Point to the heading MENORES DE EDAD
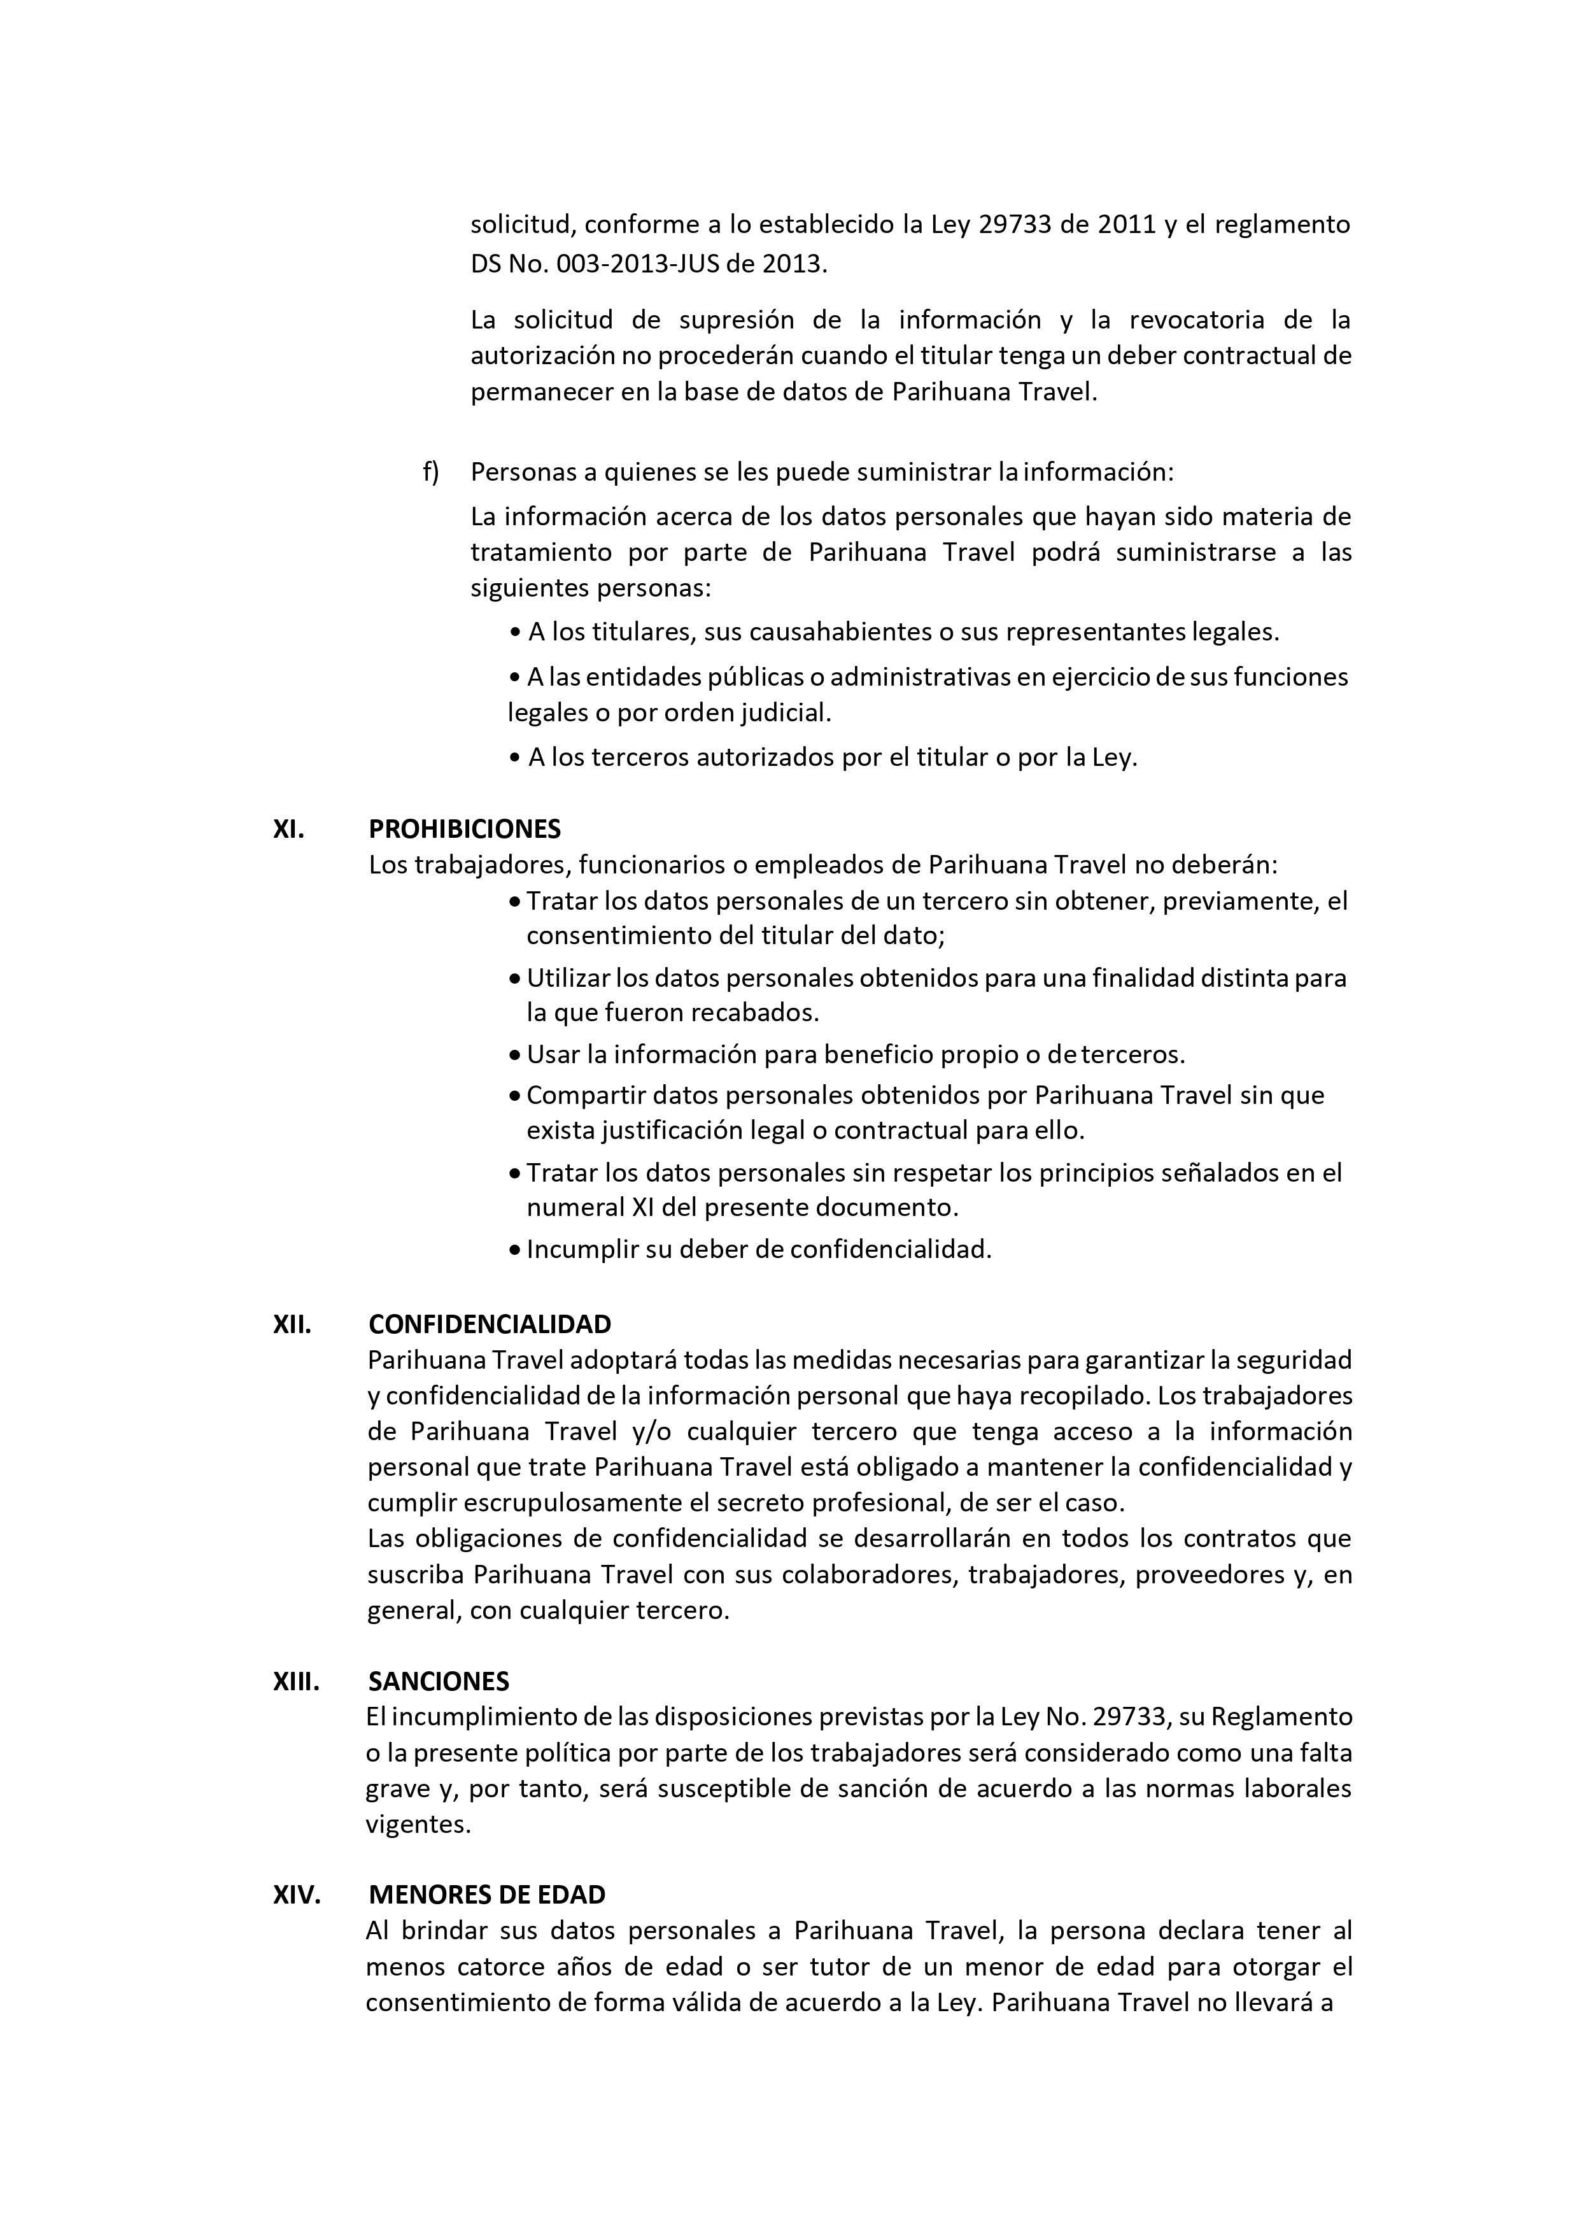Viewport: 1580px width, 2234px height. pyautogui.click(x=486, y=1895)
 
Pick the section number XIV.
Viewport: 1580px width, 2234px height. pyautogui.click(x=296, y=1895)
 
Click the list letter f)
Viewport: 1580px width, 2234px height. pyautogui.click(x=430, y=472)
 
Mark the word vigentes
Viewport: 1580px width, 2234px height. pyautogui.click(x=418, y=1825)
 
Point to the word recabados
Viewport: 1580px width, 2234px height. pyautogui.click(x=755, y=1013)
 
